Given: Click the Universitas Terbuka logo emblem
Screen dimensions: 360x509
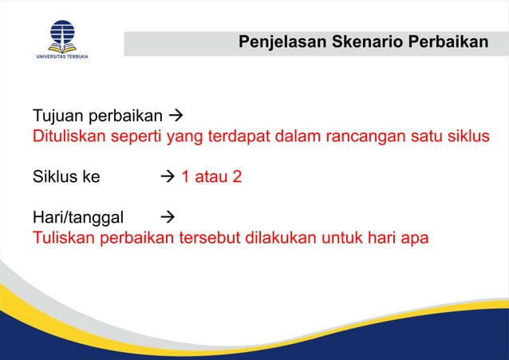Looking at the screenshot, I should coord(61,34).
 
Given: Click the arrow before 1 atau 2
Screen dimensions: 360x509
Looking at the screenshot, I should coord(168,176).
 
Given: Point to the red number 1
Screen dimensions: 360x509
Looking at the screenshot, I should coord(185,176).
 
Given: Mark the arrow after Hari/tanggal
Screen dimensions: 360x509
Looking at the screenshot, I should coord(168,218).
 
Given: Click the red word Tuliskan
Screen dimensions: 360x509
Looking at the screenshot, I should coord(64,239).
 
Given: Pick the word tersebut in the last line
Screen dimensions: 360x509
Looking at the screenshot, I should coord(215,239).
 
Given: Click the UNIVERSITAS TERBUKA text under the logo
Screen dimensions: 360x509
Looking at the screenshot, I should coord(61,57).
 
